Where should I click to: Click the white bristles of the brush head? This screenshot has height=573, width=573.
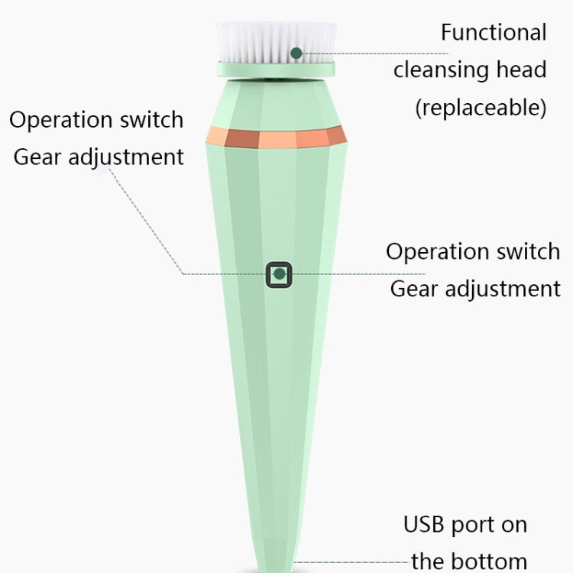277,41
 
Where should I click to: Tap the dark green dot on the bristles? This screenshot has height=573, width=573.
296,53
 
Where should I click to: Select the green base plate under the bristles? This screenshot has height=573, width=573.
277,70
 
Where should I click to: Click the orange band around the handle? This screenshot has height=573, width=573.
277,137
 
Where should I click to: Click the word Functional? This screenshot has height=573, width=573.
494,32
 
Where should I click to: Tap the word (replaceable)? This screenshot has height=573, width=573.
481,108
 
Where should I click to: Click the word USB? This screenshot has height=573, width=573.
424,524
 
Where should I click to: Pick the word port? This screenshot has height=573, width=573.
473,526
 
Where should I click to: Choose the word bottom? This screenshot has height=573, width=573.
494,562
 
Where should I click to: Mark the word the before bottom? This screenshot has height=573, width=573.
433,562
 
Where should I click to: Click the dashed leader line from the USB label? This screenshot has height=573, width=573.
351,562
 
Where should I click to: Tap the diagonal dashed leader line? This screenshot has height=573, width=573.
145,221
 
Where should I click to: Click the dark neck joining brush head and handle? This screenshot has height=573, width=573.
277,78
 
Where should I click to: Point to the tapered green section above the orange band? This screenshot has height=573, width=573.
277,104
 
